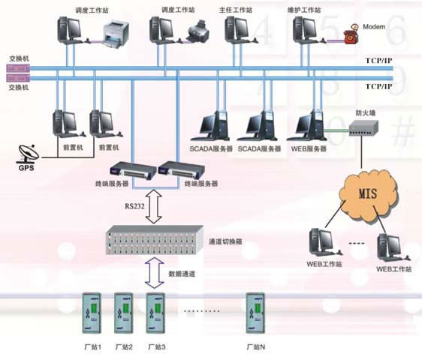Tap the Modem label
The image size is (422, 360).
click(x=374, y=26)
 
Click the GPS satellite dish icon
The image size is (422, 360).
click(x=29, y=154)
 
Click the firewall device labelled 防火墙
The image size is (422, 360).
click(x=364, y=128)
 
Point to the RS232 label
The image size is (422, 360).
click(x=134, y=206)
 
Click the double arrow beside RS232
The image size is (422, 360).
click(x=154, y=206)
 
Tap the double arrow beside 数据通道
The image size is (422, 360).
click(x=154, y=272)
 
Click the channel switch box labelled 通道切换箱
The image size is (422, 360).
click(x=155, y=240)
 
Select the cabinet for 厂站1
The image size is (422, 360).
click(x=92, y=313)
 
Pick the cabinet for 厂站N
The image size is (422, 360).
click(x=255, y=313)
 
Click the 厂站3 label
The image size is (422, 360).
click(x=157, y=347)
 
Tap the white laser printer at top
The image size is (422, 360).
click(x=116, y=35)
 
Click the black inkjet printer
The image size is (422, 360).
click(x=197, y=31)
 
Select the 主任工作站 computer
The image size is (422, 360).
click(x=239, y=30)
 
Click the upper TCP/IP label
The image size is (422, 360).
click(x=378, y=61)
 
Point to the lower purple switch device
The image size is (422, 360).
click(x=18, y=78)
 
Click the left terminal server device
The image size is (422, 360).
click(x=133, y=171)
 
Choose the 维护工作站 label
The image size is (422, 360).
click(x=304, y=10)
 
